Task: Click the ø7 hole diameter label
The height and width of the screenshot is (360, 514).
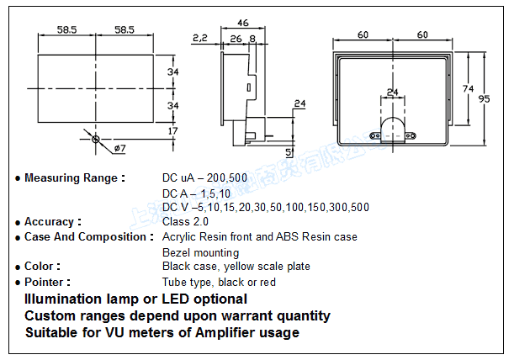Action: [x=119, y=149]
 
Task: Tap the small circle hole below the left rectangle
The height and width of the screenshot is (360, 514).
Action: [x=96, y=138]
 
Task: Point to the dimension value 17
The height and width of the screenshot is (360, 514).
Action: [x=172, y=131]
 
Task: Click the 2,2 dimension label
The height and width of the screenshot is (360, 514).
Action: [x=199, y=38]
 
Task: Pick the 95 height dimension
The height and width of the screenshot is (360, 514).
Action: [x=484, y=99]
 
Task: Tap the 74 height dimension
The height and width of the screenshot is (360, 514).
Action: [x=468, y=87]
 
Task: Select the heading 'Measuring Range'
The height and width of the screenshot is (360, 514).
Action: [x=74, y=178]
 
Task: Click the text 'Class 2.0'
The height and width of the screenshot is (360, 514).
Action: [x=185, y=222]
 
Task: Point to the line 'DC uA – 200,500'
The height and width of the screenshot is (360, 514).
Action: [x=204, y=178]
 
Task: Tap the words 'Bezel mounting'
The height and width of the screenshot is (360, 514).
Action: [x=200, y=252]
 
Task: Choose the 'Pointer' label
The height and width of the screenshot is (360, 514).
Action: [x=47, y=283]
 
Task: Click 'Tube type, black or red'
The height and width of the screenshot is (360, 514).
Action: [x=219, y=283]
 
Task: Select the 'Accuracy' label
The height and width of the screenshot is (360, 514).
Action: [x=53, y=222]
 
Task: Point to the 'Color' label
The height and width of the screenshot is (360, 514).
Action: [x=42, y=267]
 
